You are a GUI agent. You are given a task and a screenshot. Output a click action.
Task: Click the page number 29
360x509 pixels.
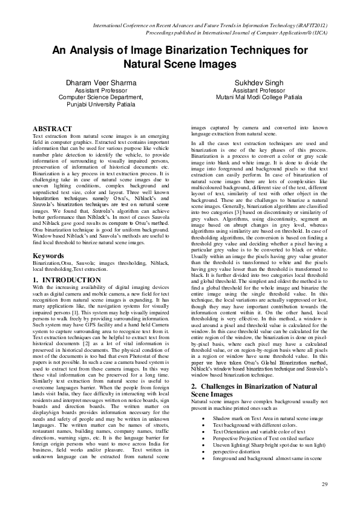pyautogui.click(x=324, y=484)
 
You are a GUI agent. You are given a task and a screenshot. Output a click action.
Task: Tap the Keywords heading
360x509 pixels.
pyautogui.click(x=49, y=256)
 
